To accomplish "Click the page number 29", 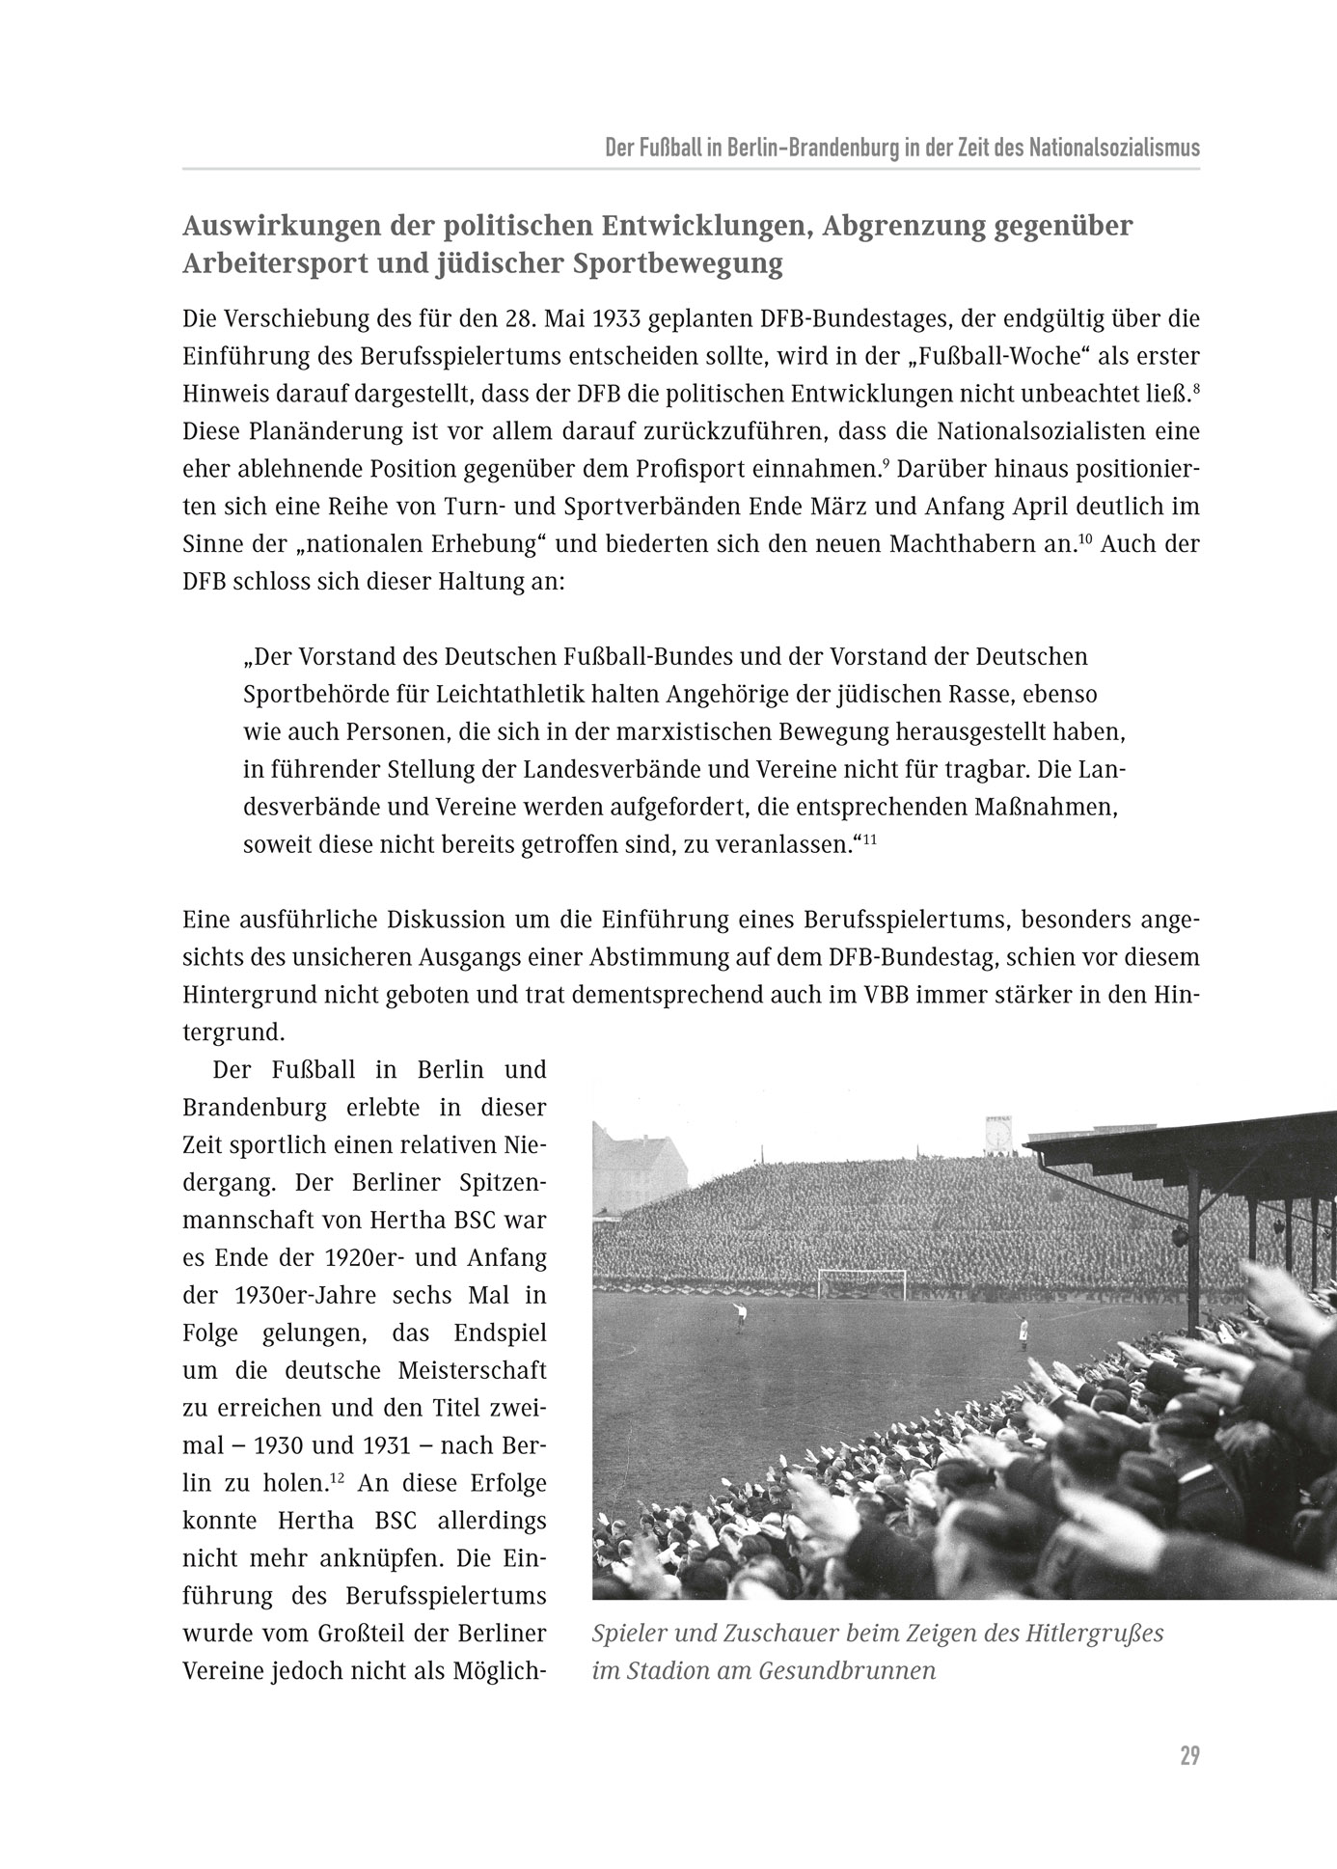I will tap(1188, 1755).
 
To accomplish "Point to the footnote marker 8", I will tap(1195, 388).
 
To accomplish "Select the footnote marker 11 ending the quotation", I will tap(869, 840).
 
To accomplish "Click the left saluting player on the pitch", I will tap(740, 1316).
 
